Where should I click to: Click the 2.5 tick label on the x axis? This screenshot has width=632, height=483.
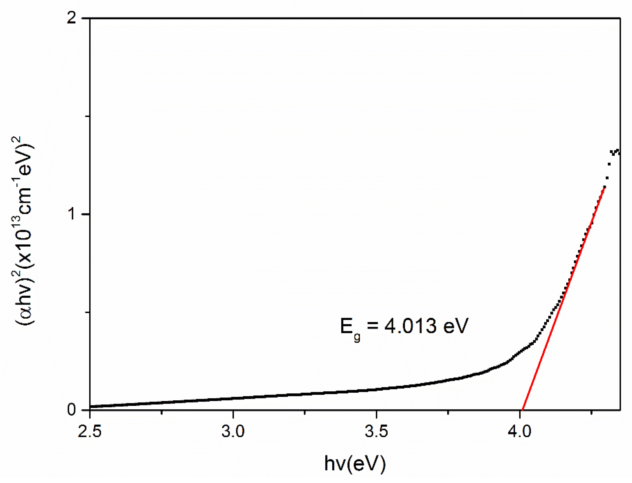point(90,431)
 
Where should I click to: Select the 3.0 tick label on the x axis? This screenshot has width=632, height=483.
point(233,431)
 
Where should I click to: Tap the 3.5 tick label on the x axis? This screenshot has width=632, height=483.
point(376,431)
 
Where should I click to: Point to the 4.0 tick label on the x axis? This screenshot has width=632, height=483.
point(520,431)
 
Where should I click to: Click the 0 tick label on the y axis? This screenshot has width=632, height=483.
point(72,410)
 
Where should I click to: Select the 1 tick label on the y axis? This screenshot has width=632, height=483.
point(72,214)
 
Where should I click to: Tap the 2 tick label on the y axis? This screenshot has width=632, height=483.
point(72,18)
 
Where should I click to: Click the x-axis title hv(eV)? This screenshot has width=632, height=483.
point(355,463)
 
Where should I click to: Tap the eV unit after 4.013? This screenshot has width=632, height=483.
point(456,326)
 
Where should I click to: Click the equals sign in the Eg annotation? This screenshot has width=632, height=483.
point(372,326)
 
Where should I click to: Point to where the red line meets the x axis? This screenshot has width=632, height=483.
point(522,409)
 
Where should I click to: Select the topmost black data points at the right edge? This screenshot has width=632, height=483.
point(617,152)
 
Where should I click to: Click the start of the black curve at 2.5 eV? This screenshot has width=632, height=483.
point(90,406)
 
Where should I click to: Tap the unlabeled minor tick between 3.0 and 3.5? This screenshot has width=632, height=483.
point(305,412)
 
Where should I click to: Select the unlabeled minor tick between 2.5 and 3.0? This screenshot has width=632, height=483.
point(161,412)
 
